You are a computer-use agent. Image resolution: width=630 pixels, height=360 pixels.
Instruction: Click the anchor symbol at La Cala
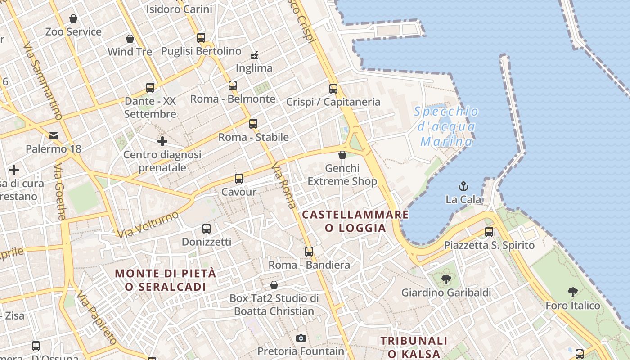coord(463,185)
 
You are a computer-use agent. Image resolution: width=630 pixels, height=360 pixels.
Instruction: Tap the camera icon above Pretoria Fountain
coord(301,337)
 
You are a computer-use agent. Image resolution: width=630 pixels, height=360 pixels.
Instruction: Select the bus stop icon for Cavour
coord(239,178)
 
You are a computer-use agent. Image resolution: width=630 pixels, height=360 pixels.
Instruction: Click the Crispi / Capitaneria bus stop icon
coord(333,88)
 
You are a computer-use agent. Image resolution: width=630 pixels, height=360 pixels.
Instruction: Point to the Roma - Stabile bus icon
coord(253,123)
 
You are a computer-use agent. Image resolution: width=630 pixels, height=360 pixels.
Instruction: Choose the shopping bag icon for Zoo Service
coord(73,18)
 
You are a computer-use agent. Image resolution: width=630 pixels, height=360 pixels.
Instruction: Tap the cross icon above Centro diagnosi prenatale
coord(162,141)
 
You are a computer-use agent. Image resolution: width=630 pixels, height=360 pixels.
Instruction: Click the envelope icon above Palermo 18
coord(54,135)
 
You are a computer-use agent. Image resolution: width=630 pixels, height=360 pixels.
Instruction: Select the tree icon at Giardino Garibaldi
coord(446,279)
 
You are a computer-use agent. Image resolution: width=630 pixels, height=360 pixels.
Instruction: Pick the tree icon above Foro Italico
coord(572,292)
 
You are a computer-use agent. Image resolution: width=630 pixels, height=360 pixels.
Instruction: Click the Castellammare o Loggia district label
coord(355,221)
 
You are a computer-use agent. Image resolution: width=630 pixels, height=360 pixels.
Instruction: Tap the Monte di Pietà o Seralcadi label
coord(166,280)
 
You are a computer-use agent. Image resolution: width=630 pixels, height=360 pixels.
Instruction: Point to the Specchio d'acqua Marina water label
coord(446,126)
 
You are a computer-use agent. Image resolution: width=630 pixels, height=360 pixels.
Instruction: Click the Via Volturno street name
coord(148,225)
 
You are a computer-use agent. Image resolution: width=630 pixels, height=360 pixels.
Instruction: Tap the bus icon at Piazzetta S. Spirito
coord(489,232)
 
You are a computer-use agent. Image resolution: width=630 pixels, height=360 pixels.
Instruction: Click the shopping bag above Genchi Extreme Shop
coord(342,155)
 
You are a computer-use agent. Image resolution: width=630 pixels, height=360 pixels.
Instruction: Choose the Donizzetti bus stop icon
coord(207,228)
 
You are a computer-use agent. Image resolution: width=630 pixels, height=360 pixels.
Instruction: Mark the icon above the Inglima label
coord(254,55)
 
